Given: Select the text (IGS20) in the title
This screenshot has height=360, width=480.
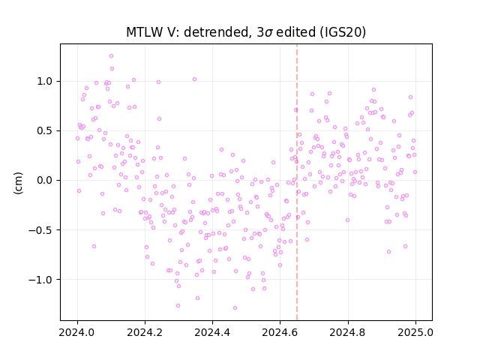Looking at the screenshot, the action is [343, 32].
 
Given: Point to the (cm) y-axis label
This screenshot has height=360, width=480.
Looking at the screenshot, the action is [18, 183].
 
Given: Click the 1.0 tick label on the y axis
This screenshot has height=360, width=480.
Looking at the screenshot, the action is [45, 82].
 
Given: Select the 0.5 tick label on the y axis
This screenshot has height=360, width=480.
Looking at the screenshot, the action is [45, 131].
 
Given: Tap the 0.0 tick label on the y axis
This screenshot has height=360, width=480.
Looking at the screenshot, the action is [45, 180].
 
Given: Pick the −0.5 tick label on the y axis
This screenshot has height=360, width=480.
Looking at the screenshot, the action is [40, 230].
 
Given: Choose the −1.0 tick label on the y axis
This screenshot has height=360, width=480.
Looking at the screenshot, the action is [40, 280].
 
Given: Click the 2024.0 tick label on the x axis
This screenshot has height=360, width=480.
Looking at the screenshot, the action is [77, 332].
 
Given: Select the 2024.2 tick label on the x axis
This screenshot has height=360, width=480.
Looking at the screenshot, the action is [145, 332].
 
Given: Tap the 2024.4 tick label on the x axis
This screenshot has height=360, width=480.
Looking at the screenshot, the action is [212, 332].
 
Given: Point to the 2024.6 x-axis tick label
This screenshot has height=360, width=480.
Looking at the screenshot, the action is [280, 332].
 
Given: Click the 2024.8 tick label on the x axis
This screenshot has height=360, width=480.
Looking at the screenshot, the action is [348, 332].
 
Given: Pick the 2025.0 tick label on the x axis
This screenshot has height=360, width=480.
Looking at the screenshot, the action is [415, 332].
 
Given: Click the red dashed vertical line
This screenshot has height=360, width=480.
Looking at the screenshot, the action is [297, 182].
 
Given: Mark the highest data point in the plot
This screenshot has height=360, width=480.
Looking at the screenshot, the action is [112, 56].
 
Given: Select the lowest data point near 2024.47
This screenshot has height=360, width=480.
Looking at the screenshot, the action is [235, 308].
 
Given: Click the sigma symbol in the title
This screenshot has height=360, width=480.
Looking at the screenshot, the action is [268, 33].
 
